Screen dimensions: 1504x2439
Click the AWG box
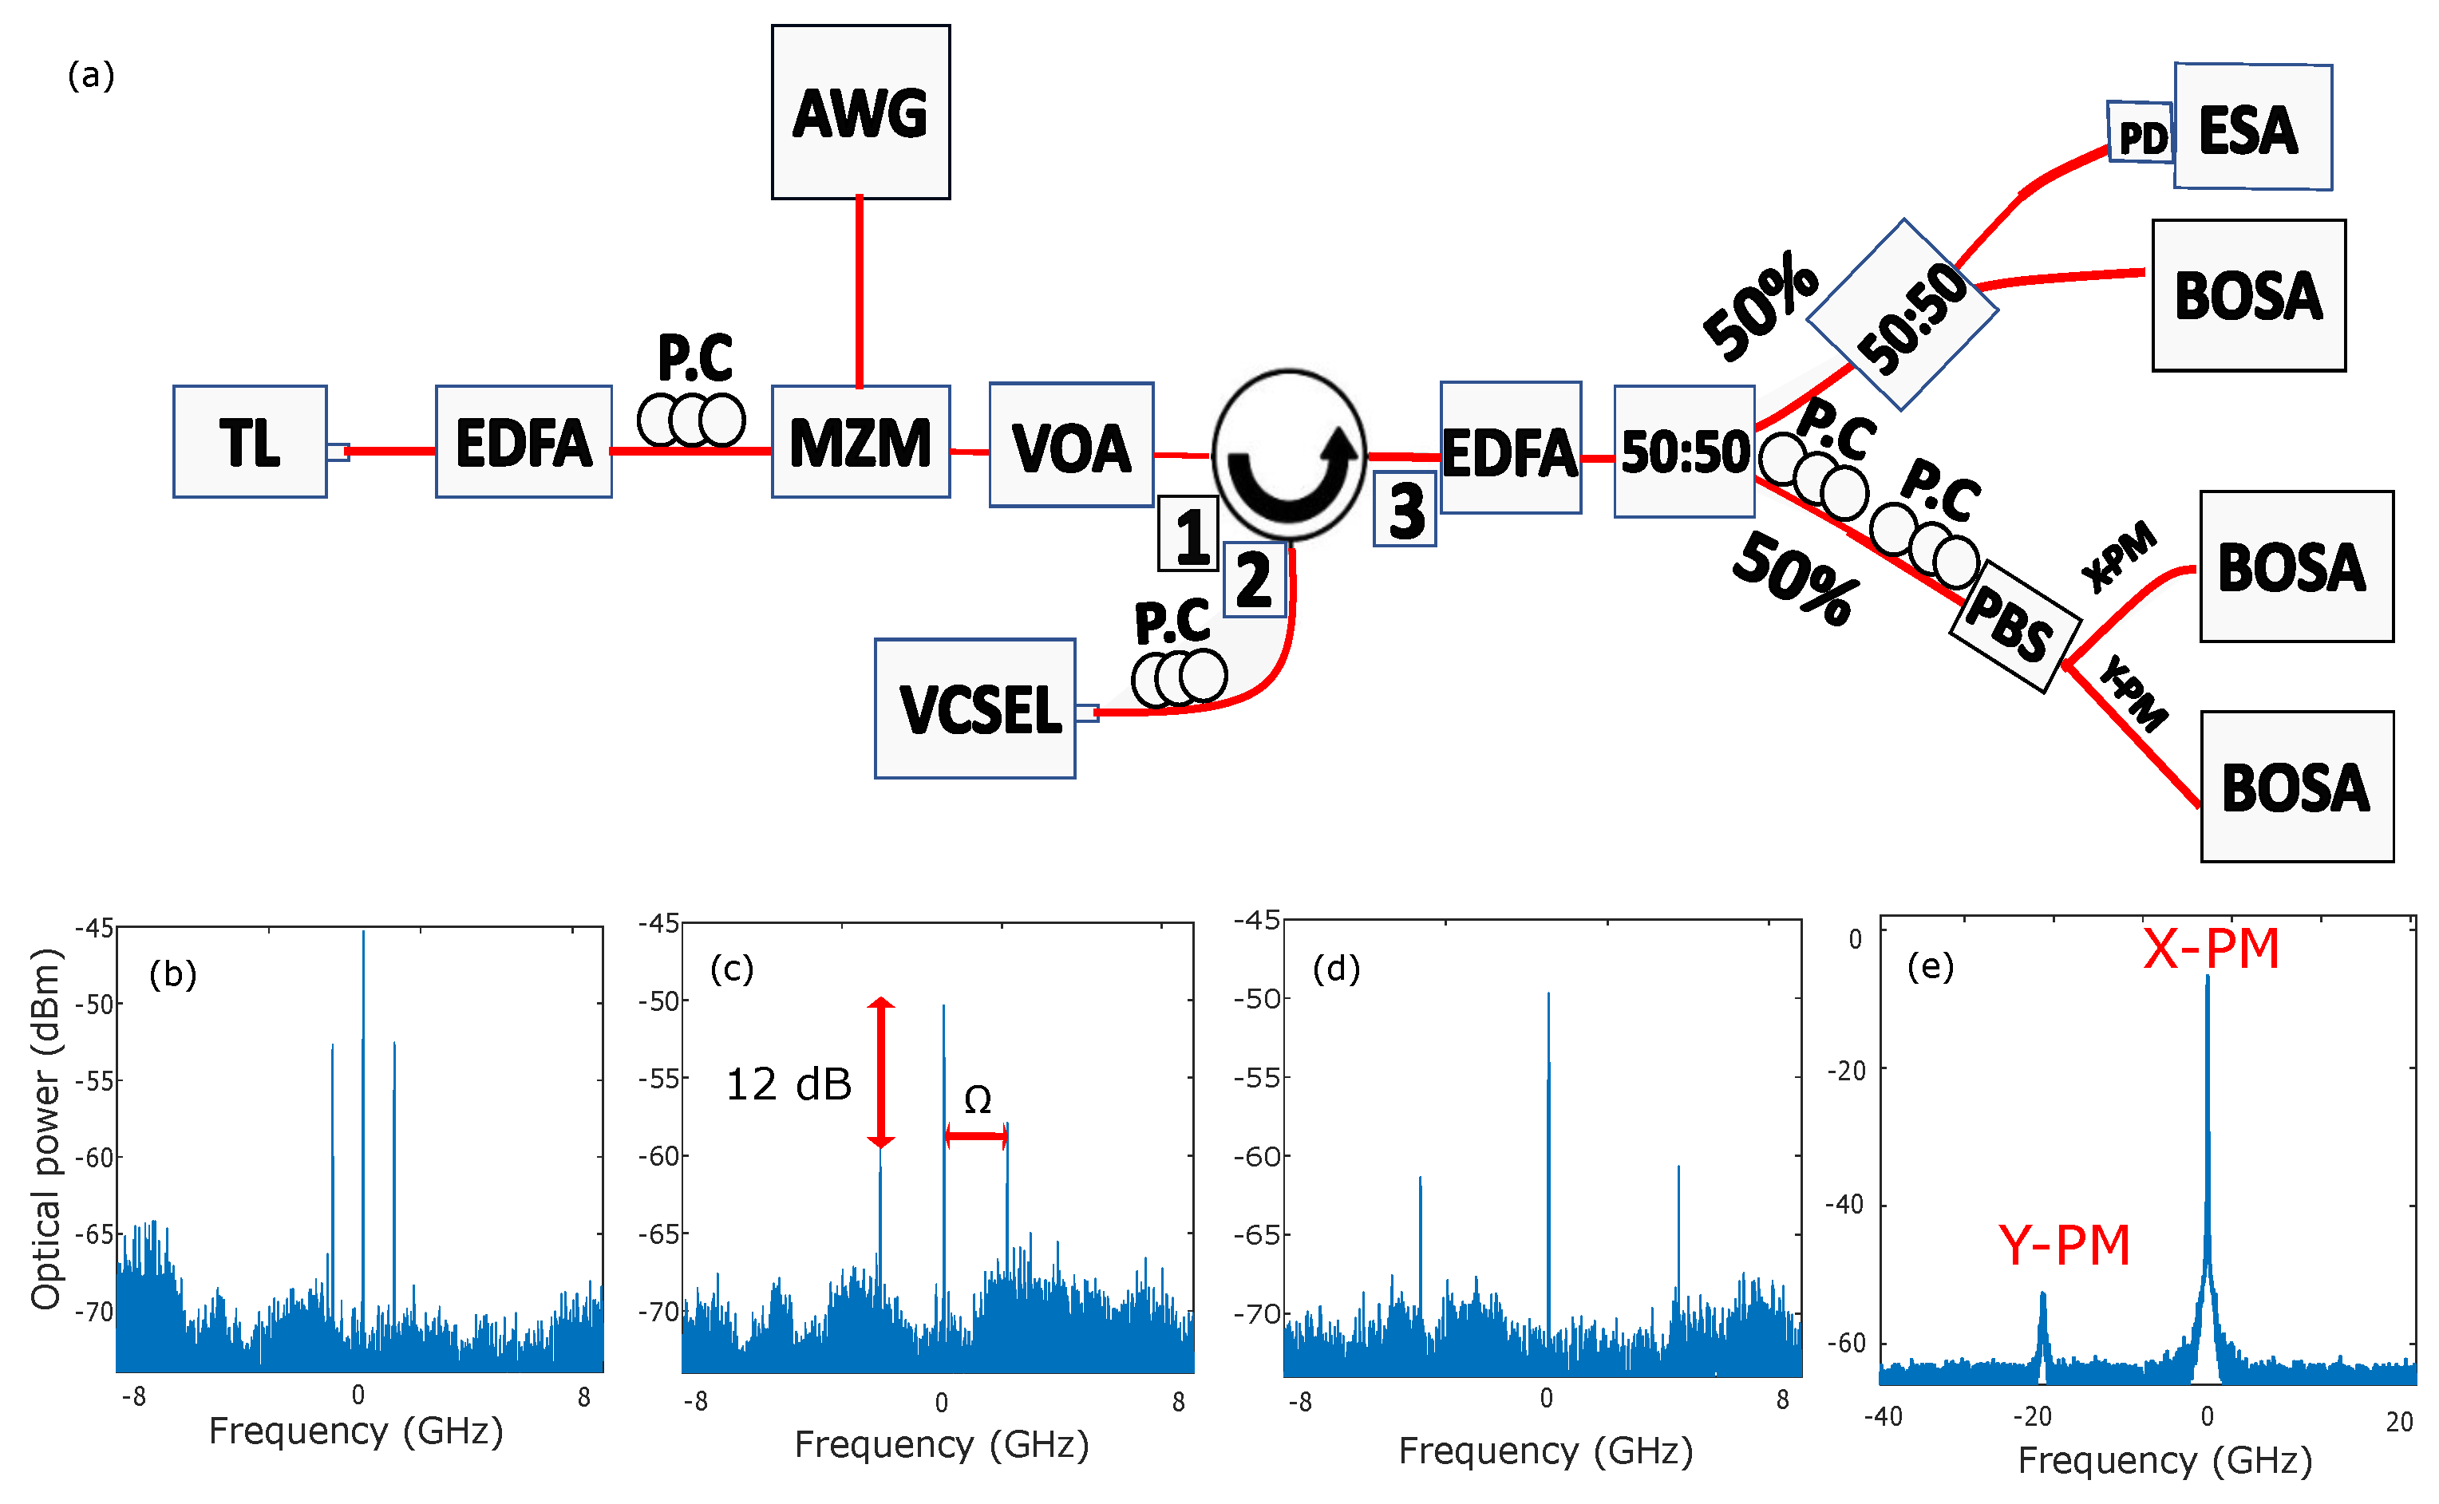coord(860,113)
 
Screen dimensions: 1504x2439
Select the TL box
coord(250,442)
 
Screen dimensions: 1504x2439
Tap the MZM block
coord(860,442)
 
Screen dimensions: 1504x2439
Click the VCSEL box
coord(974,709)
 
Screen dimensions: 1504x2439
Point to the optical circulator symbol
coord(1288,456)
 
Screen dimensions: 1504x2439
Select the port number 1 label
coord(1188,534)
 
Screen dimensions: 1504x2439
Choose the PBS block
coord(2014,626)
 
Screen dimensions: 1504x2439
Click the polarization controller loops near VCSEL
coord(1179,677)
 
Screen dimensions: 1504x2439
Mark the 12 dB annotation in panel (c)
coord(788,1084)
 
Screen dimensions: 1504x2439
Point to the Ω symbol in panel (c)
coord(977,1099)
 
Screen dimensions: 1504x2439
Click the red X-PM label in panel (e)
coord(2210,948)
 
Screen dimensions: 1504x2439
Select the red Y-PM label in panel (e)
coord(2064,1245)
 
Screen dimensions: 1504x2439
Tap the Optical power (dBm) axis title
coord(45,1129)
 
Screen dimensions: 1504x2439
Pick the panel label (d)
coord(1335,968)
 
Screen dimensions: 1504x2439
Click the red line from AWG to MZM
coord(860,291)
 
